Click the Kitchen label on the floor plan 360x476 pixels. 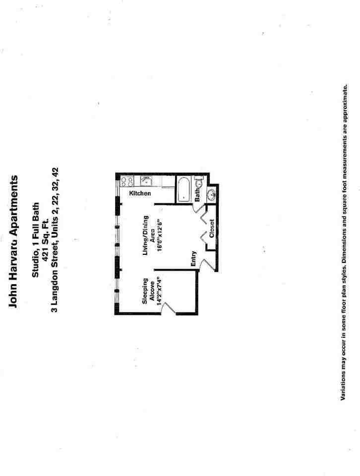140,193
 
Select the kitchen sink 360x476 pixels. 146,181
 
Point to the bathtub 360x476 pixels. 185,189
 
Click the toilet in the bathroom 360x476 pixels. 198,183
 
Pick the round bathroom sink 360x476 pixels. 210,194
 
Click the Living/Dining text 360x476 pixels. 145,235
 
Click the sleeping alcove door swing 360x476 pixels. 169,308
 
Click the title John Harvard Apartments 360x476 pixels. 14,241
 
